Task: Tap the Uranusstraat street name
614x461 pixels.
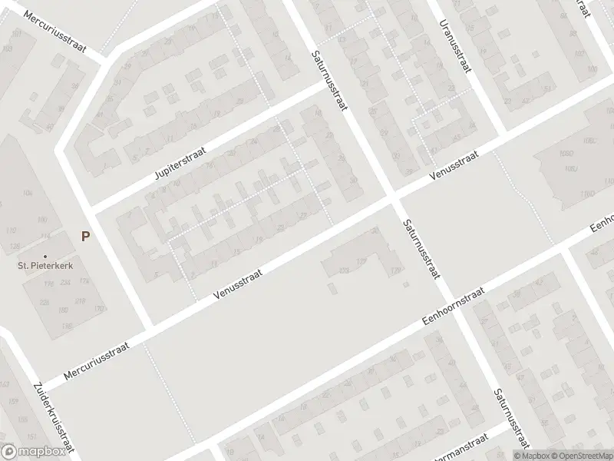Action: click(454, 47)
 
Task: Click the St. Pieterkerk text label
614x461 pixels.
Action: click(45, 267)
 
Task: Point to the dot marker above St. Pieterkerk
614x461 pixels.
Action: click(45, 256)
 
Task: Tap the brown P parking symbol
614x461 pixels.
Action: click(86, 237)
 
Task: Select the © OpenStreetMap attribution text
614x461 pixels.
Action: click(576, 455)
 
